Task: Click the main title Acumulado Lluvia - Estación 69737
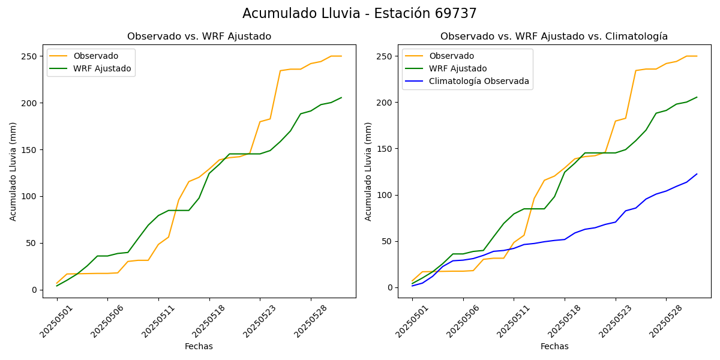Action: (359, 14)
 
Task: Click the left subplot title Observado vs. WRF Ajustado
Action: (199, 37)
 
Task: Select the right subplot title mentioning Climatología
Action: (554, 37)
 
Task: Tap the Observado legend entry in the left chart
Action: (96, 56)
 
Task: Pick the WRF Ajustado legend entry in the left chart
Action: (102, 68)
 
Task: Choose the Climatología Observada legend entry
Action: (479, 82)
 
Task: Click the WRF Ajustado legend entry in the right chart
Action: (457, 68)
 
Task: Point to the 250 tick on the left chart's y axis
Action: (30, 56)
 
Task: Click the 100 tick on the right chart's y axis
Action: (385, 195)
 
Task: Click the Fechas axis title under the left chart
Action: (199, 346)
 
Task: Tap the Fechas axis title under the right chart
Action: (554, 346)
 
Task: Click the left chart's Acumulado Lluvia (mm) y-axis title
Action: (13, 171)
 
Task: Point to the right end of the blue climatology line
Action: (697, 174)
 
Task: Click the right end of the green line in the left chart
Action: (341, 98)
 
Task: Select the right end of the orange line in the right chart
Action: (697, 56)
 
